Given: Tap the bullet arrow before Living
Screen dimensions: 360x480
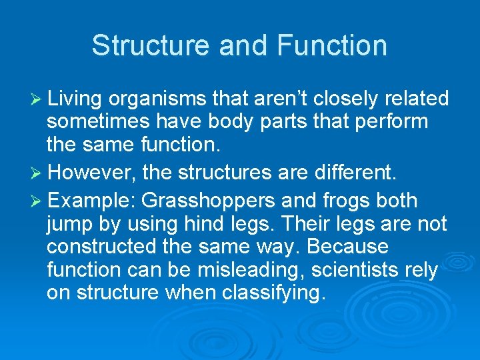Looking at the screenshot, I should coord(37,99).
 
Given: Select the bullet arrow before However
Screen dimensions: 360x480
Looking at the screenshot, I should coord(37,173).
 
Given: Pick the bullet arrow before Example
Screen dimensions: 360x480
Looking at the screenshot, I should coord(37,201).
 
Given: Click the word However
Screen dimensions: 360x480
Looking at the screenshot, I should coord(91,173).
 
